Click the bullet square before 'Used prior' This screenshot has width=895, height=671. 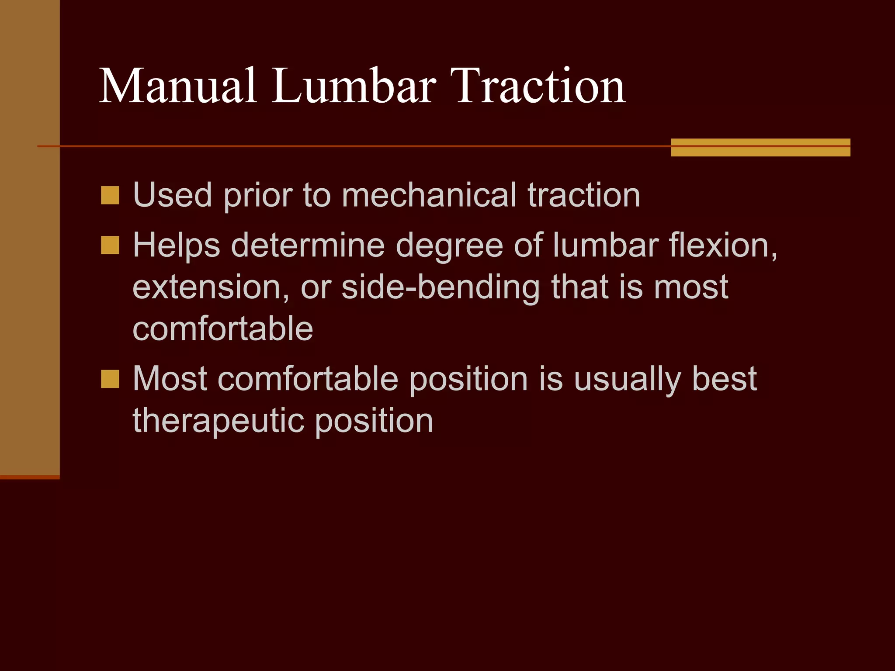(110, 195)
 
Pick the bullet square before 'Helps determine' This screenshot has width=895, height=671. (110, 245)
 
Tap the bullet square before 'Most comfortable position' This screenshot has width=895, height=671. (110, 379)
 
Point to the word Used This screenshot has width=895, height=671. (173, 195)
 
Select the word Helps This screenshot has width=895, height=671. (177, 246)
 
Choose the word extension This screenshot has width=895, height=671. (211, 287)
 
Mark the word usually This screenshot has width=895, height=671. (628, 379)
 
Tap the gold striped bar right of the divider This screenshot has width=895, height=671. (760, 147)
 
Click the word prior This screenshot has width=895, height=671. (258, 196)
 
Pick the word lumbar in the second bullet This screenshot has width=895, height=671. (606, 245)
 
